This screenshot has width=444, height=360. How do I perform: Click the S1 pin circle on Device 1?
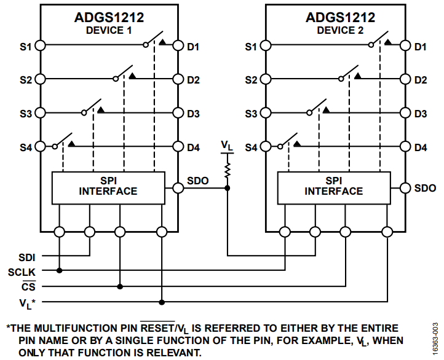pos(40,45)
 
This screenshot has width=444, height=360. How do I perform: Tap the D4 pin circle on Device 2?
pos(405,147)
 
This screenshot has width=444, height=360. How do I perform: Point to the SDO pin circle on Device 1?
pos(178,188)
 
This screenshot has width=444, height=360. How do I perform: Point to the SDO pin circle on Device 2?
pos(405,188)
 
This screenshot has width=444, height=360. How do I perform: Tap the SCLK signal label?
pos(23,271)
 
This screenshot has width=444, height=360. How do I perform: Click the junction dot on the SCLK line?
pos(60,270)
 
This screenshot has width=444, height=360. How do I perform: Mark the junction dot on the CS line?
pos(120,286)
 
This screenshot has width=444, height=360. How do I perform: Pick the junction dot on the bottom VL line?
pos(162,302)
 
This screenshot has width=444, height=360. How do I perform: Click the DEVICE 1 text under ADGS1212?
pos(109,31)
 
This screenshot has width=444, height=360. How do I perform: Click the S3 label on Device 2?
pos(252,114)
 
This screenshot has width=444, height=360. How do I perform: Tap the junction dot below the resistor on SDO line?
pos(228,188)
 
